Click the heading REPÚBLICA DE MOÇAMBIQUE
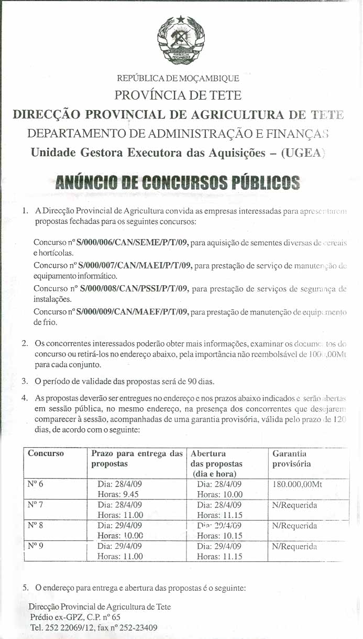pyautogui.click(x=178, y=79)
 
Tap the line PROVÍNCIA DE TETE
pyautogui.click(x=178, y=95)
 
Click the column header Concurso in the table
pyautogui.click(x=46, y=453)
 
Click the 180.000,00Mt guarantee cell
pyautogui.click(x=297, y=484)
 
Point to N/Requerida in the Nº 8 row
pyautogui.click(x=295, y=525)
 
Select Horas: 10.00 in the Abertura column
pyautogui.click(x=220, y=494)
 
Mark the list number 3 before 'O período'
pyautogui.click(x=24, y=380)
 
